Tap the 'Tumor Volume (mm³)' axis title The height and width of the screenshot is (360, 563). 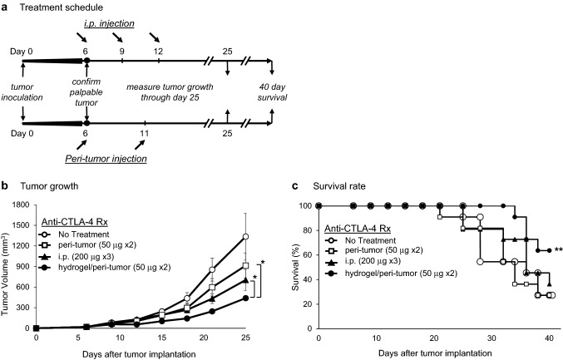7,265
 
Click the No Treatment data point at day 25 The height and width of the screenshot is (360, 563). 245,237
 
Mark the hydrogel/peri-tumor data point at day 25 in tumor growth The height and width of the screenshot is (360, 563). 245,298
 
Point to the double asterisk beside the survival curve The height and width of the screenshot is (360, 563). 559,249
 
